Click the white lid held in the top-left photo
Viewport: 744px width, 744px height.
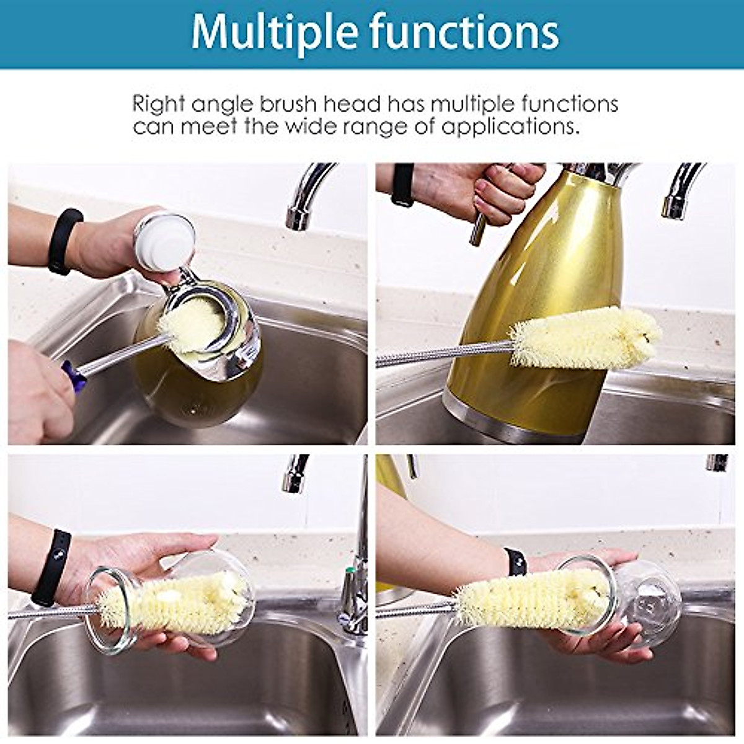point(164,242)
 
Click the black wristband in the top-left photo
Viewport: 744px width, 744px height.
point(63,242)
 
